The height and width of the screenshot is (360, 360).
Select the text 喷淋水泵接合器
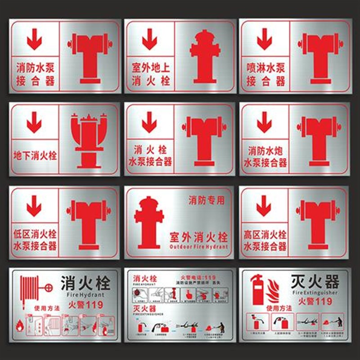pos(266,75)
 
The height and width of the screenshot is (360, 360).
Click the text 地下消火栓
pos(36,156)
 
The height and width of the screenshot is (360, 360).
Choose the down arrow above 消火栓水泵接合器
pos(149,123)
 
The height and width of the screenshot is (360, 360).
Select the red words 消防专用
pos(206,200)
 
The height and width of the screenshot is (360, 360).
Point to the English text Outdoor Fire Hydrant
pos(198,247)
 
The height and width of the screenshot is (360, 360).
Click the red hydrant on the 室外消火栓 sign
pos(149,222)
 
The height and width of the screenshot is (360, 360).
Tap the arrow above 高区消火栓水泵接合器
pos(263,206)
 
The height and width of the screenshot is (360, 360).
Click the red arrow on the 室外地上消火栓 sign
pos(149,41)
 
